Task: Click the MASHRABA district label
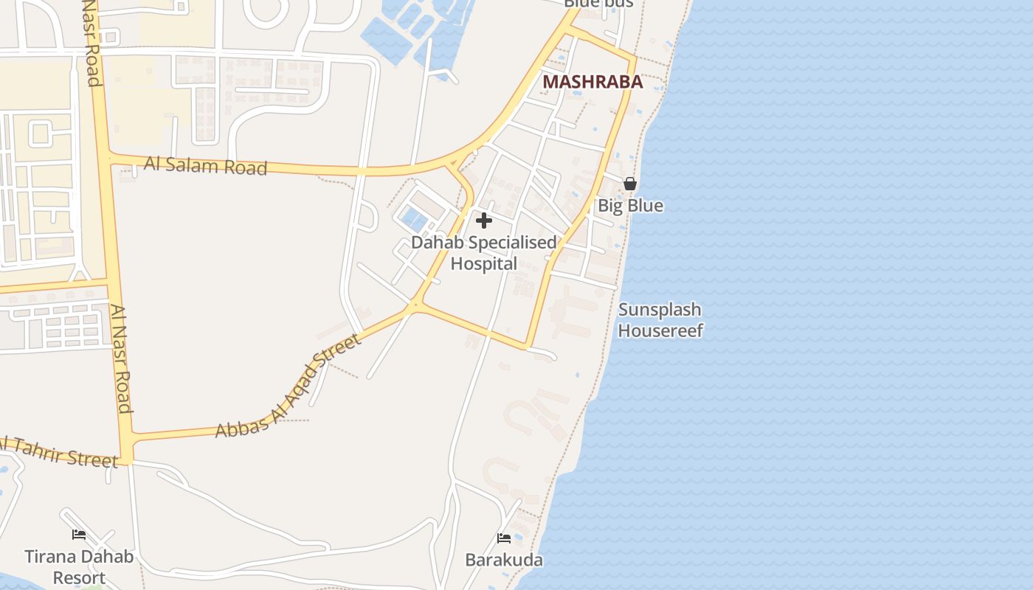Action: pyautogui.click(x=592, y=82)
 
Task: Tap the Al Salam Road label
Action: pyautogui.click(x=205, y=165)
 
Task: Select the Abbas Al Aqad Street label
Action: pyautogui.click(x=289, y=386)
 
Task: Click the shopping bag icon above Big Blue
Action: pyautogui.click(x=630, y=184)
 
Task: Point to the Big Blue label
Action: pyautogui.click(x=630, y=206)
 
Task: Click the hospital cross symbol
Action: pyautogui.click(x=484, y=221)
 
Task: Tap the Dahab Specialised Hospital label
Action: pyautogui.click(x=484, y=253)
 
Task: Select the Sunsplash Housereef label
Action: pyautogui.click(x=660, y=320)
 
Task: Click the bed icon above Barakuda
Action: pyautogui.click(x=504, y=538)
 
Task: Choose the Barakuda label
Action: pyautogui.click(x=504, y=560)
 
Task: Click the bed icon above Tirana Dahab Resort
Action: pyautogui.click(x=79, y=535)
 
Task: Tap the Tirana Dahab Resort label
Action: pyautogui.click(x=79, y=566)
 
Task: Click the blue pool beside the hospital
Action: pyautogui.click(x=415, y=218)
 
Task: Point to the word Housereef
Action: pyautogui.click(x=660, y=330)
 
